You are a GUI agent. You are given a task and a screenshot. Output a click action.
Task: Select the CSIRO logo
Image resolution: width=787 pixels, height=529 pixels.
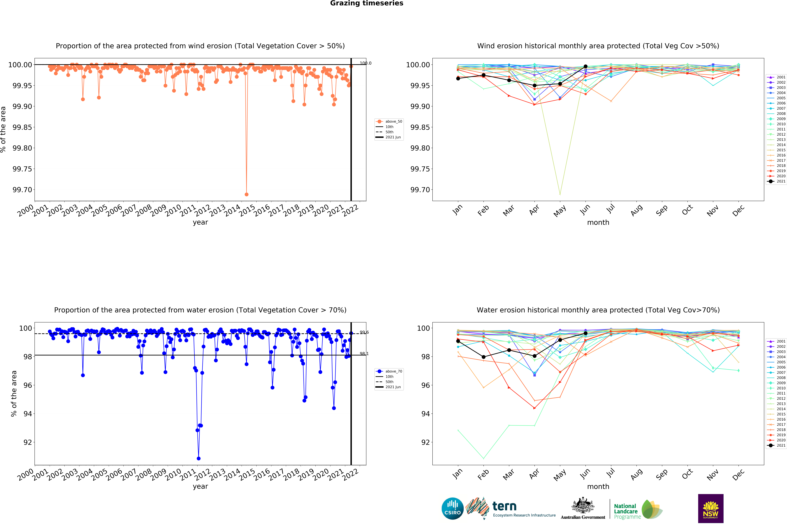click(x=452, y=508)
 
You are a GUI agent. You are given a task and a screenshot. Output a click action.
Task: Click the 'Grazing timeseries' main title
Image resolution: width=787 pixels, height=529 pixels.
click(x=367, y=3)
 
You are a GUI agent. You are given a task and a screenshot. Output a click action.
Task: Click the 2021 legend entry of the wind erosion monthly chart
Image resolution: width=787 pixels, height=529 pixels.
click(x=776, y=181)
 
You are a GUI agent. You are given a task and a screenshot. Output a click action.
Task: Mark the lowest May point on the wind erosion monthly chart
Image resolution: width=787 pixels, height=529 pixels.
click(x=560, y=194)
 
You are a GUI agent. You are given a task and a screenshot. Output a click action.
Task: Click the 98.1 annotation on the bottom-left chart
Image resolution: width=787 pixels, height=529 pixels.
click(x=364, y=354)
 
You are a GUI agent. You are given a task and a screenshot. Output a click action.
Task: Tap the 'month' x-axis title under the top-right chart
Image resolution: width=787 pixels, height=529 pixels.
click(x=598, y=222)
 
